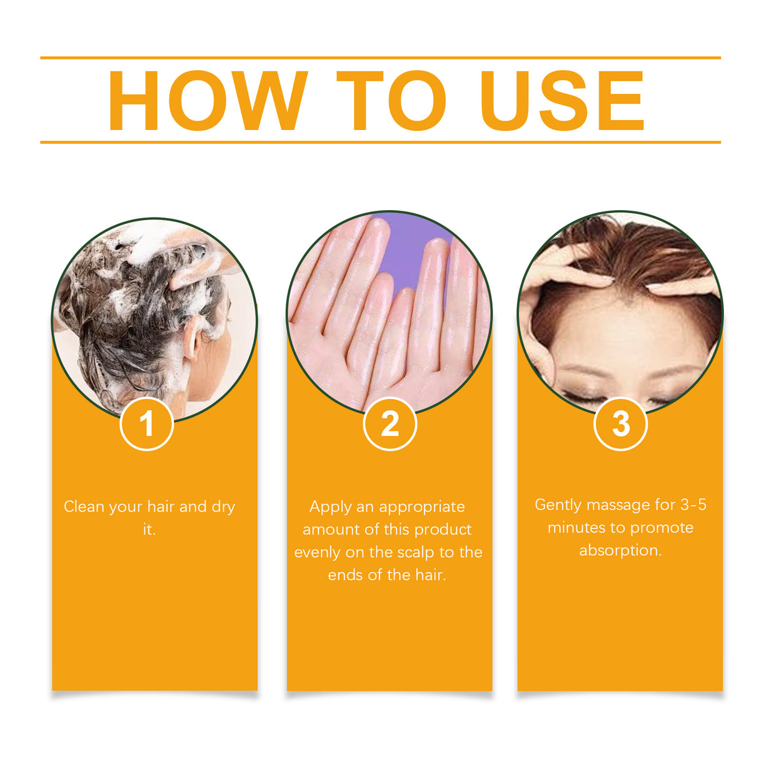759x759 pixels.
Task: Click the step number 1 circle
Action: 146,424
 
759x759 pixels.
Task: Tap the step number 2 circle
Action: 390,424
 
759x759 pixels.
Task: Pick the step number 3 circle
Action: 620,424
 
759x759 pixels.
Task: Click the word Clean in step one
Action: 84,506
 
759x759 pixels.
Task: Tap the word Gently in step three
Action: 558,505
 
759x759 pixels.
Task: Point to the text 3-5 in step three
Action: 693,505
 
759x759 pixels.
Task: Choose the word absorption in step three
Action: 620,551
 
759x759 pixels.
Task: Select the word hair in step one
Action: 161,506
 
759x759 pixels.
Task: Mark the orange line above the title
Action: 380,58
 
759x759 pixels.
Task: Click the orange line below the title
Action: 380,143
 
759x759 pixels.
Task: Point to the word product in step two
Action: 443,530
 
